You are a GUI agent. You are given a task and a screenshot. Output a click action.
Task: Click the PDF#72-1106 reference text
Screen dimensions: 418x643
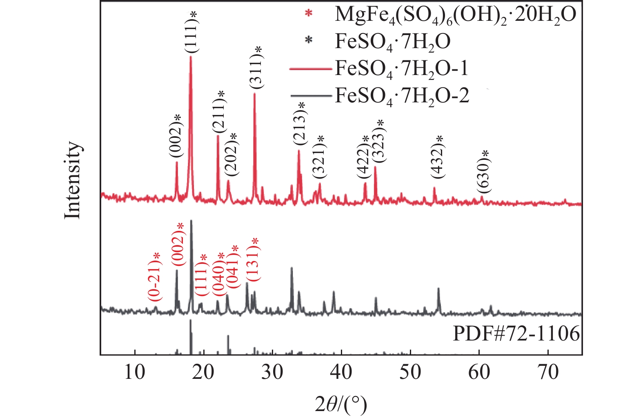tap(516, 334)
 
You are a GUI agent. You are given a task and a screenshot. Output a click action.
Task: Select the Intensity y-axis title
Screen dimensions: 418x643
tap(73, 180)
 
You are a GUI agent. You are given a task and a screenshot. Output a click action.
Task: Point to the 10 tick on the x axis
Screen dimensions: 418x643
tap(134, 372)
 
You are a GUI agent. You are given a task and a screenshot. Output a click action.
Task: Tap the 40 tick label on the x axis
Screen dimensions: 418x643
tap(341, 372)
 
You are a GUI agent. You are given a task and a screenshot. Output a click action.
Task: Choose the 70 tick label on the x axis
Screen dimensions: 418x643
tap(548, 372)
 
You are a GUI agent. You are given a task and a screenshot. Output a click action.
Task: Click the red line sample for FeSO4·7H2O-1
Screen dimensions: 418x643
tap(310, 69)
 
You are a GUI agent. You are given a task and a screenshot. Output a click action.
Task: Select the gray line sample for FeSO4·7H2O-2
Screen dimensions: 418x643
tap(310, 96)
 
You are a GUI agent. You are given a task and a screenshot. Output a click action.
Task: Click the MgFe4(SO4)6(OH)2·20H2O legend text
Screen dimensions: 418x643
tap(455, 15)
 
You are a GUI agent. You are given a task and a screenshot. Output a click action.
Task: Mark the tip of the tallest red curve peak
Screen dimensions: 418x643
tap(191, 57)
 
